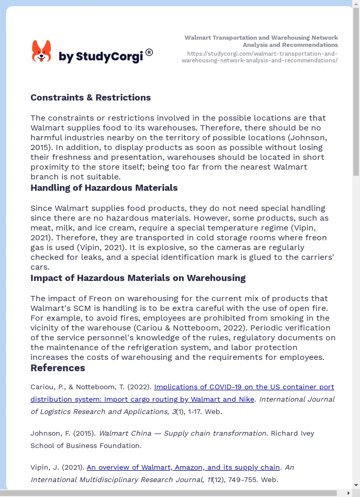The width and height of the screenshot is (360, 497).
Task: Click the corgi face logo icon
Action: (41, 52)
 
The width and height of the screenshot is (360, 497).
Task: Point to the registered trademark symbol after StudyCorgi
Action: (149, 52)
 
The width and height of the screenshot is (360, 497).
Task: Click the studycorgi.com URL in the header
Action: (259, 57)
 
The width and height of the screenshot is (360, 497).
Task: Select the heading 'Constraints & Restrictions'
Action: (90, 97)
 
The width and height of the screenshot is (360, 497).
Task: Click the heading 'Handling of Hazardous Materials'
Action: (104, 188)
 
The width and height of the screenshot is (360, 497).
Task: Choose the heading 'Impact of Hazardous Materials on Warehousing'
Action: (138, 278)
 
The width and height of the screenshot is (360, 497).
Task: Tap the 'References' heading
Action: (58, 368)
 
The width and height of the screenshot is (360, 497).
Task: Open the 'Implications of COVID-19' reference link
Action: (244, 387)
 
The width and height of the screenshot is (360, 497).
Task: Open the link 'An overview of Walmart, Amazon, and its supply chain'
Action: (183, 467)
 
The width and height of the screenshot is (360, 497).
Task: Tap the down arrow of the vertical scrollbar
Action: (356, 485)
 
